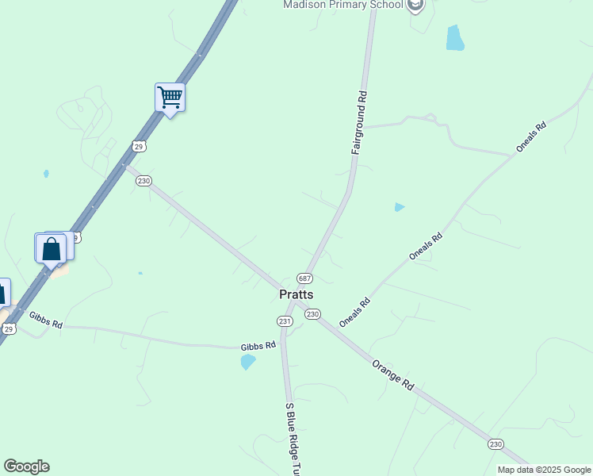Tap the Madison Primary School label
(343, 5)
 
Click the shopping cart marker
(170, 98)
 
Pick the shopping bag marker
(52, 248)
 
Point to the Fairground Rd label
(360, 122)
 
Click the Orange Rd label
(393, 374)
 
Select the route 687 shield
(305, 278)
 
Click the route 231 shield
(285, 321)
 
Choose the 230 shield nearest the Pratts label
(312, 314)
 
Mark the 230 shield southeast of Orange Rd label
(495, 443)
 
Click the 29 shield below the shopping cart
(140, 147)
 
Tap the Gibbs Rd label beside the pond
(258, 346)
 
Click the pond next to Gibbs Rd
(248, 362)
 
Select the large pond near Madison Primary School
(454, 38)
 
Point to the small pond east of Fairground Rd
(400, 208)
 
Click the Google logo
(26, 466)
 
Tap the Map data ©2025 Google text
(544, 470)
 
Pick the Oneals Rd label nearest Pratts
(354, 312)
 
